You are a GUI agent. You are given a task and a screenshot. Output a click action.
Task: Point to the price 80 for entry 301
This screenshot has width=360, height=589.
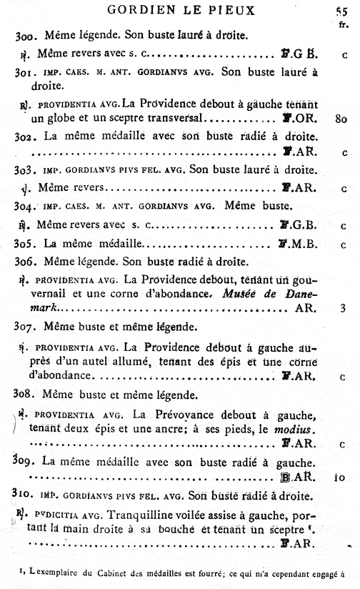point(341,119)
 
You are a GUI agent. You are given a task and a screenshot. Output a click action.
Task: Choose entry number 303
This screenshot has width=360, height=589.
point(25,169)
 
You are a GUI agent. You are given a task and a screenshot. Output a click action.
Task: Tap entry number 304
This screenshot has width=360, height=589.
point(25,205)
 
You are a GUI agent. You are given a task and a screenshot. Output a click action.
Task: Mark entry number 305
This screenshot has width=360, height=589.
point(25,243)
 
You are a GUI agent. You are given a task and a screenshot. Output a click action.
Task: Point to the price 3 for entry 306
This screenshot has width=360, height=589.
point(343,310)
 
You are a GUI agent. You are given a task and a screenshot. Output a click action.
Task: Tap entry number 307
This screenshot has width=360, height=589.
point(25,327)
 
